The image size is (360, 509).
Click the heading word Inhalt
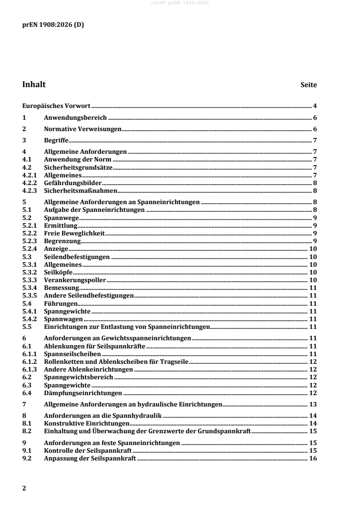pyautogui.click(x=34, y=84)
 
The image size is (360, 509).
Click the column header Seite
pyautogui.click(x=309, y=85)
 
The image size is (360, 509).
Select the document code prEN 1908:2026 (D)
pyautogui.click(x=53, y=25)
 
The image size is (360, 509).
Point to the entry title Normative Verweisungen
pyautogui.click(x=83, y=129)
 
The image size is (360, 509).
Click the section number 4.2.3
pyautogui.click(x=30, y=191)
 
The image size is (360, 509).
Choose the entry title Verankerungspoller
pyautogui.click(x=75, y=280)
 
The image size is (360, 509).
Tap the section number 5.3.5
pyautogui.click(x=30, y=295)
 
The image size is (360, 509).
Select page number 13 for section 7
pyautogui.click(x=313, y=404)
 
